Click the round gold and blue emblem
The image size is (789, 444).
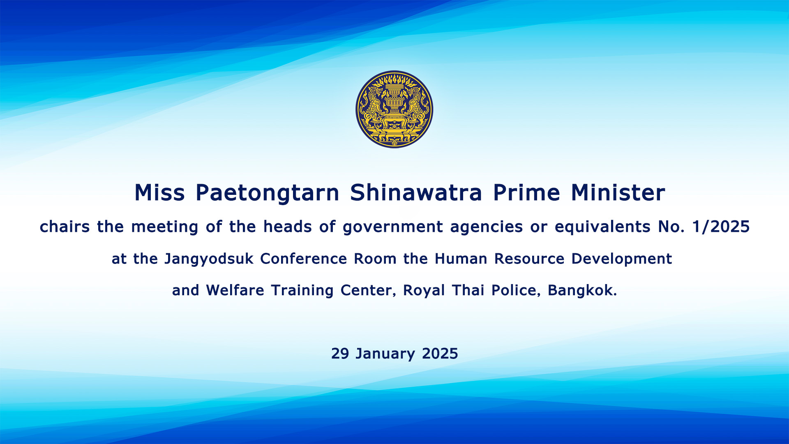(394, 109)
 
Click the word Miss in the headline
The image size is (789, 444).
(159, 192)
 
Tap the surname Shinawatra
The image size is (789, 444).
(415, 192)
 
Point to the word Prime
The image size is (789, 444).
(526, 192)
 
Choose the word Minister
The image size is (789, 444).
(618, 192)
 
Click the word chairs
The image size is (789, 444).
(65, 227)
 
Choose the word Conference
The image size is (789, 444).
(303, 259)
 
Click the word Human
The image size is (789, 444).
(461, 259)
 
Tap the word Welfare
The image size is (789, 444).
(235, 290)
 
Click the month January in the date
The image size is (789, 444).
(385, 354)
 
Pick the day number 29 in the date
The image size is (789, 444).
(340, 354)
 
